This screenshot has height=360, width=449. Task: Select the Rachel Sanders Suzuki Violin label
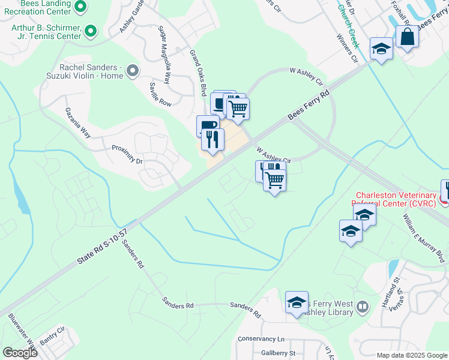91,71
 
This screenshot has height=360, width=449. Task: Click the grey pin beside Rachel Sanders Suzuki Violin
133,71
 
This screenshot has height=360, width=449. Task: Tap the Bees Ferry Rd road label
310,106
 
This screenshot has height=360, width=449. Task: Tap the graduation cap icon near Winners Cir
381,49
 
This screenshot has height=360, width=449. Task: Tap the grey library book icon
363,307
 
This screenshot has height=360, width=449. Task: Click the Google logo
20,353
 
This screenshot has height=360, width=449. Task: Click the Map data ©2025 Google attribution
412,355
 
